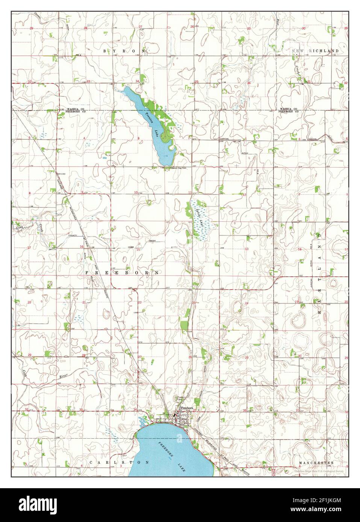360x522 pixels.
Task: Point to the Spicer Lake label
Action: point(198,217)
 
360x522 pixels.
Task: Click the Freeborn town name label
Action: point(187,407)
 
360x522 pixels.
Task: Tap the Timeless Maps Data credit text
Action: point(319,470)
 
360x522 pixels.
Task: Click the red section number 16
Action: point(82,247)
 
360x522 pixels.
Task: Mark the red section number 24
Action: point(246,303)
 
